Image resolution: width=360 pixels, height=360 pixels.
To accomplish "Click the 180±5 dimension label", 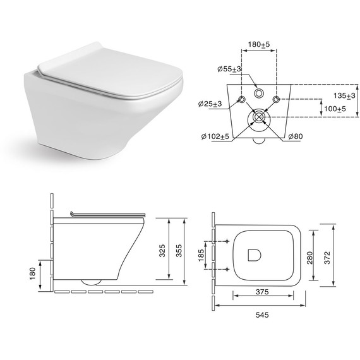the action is coord(259,44).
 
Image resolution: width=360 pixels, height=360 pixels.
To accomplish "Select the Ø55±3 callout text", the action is coord(229,69).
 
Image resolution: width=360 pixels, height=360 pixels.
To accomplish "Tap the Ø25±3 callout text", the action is coord(210,104).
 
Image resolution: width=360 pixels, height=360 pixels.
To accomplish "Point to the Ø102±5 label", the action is coord(215,136).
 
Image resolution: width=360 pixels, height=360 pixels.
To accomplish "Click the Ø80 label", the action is coord(296,136).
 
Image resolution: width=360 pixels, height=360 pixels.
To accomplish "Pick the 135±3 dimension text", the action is coord(344,95).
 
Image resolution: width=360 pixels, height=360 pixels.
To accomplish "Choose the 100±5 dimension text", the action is coord(335,109).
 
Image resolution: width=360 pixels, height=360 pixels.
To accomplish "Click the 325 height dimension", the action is coord(162,251).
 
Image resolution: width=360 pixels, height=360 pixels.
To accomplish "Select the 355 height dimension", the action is coord(179,251).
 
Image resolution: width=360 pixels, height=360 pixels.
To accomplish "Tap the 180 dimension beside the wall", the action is coord(33,273).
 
